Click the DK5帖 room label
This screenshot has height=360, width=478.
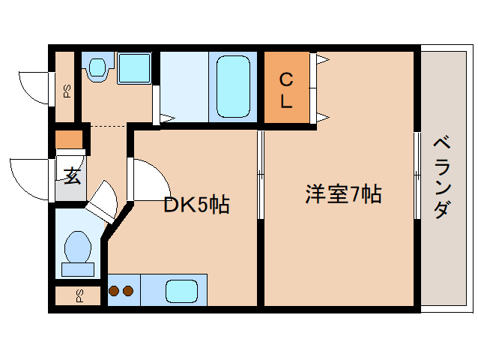[x=196, y=203]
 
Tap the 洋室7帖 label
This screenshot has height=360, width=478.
[x=342, y=194]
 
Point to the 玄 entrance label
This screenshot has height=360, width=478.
[x=72, y=177]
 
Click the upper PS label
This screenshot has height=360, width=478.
[x=67, y=91]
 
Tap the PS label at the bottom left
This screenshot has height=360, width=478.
[x=79, y=295]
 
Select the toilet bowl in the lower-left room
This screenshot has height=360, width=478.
[x=78, y=246]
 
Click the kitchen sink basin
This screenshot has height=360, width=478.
[x=181, y=290]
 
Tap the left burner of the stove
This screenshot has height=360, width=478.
[x=114, y=290]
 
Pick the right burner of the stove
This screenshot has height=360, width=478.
[x=127, y=290]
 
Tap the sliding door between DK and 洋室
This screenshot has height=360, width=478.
[x=260, y=174]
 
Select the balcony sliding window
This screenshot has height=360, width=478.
[x=417, y=174]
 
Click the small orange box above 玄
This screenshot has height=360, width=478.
[x=69, y=140]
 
